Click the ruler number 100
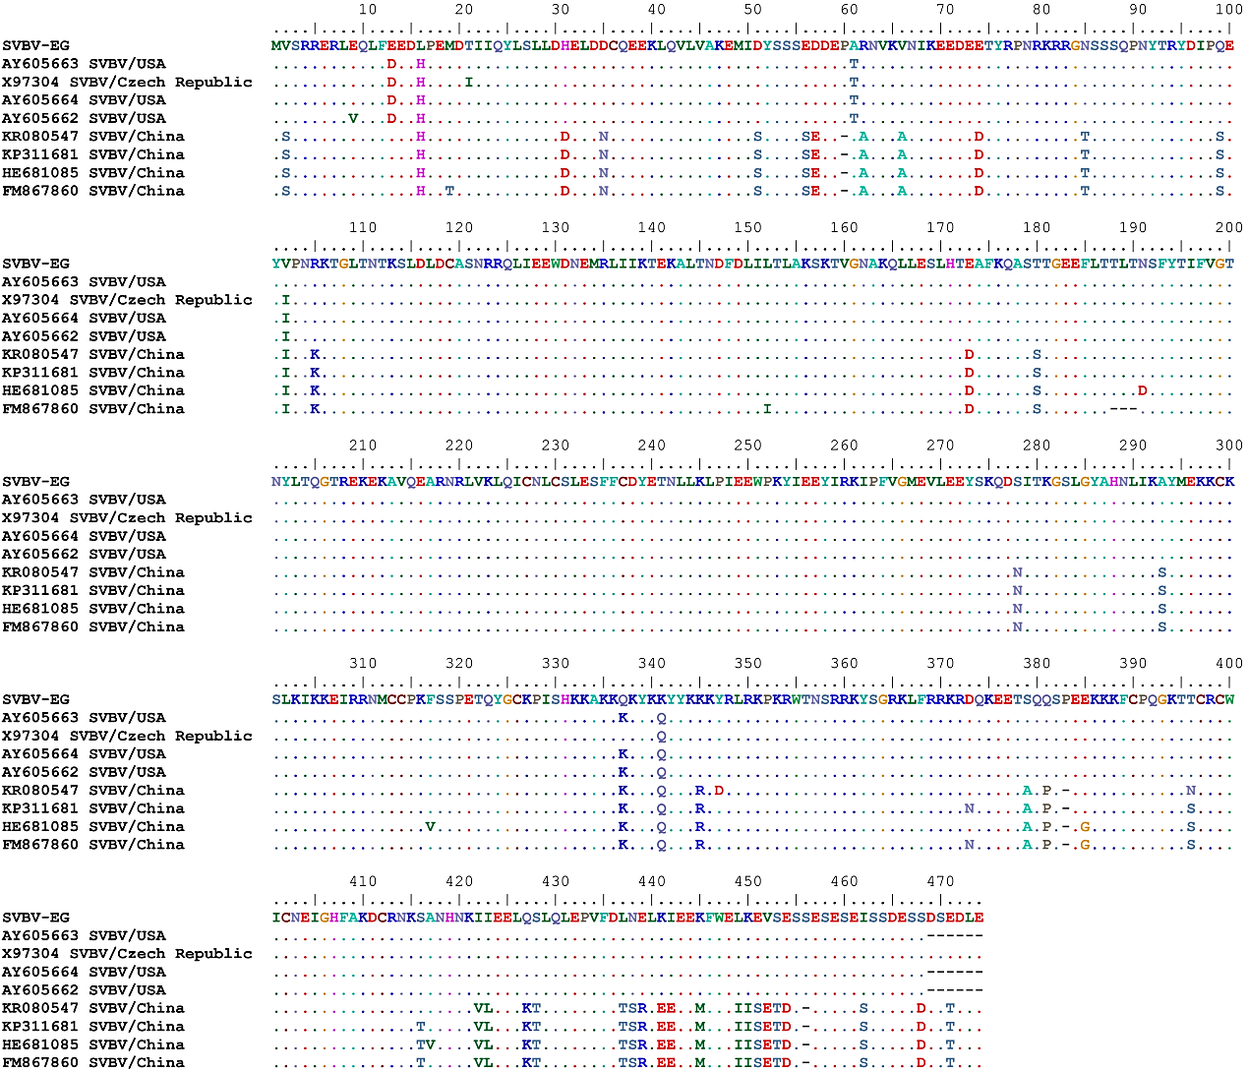1228,9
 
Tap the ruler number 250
747,446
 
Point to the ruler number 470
940,881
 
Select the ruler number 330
556,664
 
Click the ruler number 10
367,9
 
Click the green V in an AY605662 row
352,119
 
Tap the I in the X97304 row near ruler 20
469,83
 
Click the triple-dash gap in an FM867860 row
1122,409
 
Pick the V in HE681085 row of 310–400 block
430,827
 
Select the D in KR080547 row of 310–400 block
719,791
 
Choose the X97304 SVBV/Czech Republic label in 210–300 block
127,518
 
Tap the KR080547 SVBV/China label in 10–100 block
93,137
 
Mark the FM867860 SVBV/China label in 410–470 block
93,1063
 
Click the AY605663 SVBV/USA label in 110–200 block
84,282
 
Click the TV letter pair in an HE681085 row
425,1044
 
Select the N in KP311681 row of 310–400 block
970,808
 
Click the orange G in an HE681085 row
1085,827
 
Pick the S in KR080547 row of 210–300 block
1161,572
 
